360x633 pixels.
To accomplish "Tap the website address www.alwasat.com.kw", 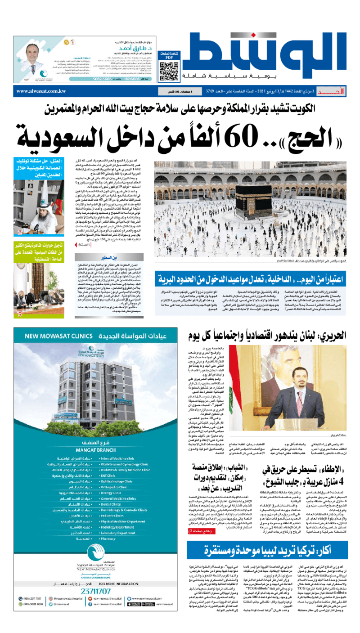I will coord(41,91).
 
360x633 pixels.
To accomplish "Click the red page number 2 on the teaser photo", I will coord(20,233).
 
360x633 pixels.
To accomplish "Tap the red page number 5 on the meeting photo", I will coord(20,314).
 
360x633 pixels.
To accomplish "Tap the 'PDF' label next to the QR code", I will coord(169,57).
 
